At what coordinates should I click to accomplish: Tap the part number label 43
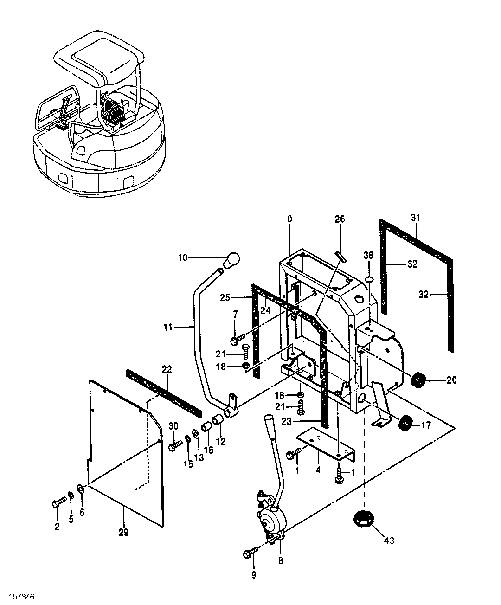[389, 541]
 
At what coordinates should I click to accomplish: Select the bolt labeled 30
[174, 446]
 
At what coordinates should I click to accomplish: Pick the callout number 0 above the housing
[289, 218]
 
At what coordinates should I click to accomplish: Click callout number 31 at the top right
[415, 218]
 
